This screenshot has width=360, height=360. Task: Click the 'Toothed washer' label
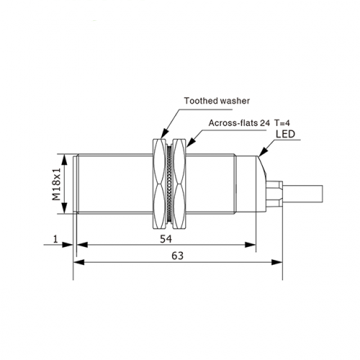(x=217, y=101)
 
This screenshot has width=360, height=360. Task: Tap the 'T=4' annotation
(x=282, y=123)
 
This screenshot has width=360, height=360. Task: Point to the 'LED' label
(x=285, y=134)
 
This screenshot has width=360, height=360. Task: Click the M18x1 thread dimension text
(x=57, y=184)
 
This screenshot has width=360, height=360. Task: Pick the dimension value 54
(x=166, y=239)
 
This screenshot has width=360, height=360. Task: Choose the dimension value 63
(x=177, y=256)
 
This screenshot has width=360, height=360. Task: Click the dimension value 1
(x=55, y=239)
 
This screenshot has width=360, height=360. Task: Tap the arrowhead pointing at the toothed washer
(x=164, y=133)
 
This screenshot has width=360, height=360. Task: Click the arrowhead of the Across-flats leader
(x=190, y=143)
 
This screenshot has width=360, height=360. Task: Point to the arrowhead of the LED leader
(x=263, y=152)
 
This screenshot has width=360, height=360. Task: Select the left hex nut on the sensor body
(x=159, y=184)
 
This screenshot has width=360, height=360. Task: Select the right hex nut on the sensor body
(x=179, y=184)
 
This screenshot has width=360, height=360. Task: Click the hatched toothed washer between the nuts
(x=169, y=184)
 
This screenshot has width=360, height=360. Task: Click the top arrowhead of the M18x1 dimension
(x=64, y=160)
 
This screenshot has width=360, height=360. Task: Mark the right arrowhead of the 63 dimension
(x=277, y=262)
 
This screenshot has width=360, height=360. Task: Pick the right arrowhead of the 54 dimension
(x=250, y=245)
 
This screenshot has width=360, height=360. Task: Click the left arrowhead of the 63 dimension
(x=79, y=262)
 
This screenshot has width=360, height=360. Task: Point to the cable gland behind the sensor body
(x=274, y=194)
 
